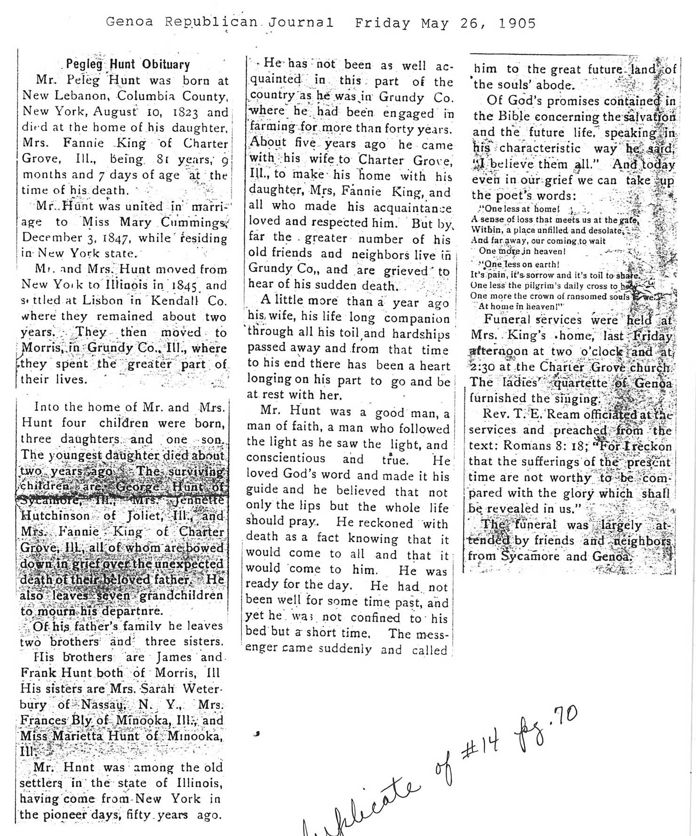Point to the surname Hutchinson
[x=57, y=516]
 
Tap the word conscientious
[x=286, y=458]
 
